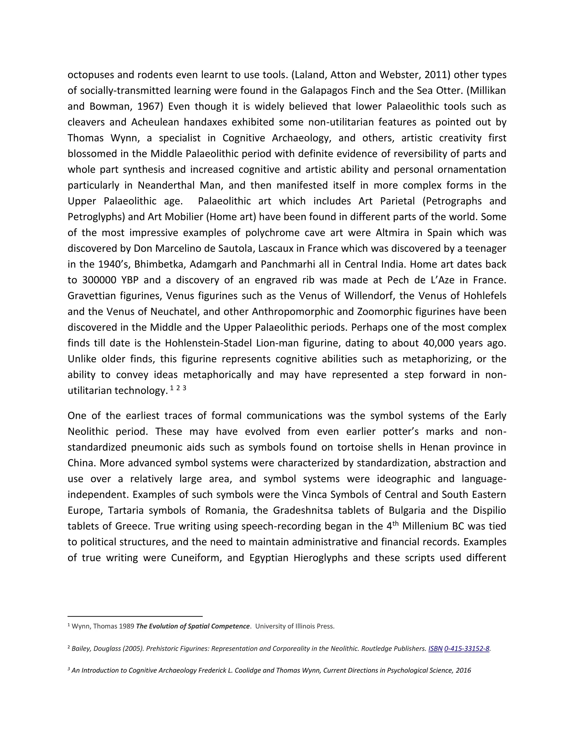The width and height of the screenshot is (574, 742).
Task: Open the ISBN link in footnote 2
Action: [x=435, y=648]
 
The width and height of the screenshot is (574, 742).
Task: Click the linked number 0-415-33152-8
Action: [x=467, y=648]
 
